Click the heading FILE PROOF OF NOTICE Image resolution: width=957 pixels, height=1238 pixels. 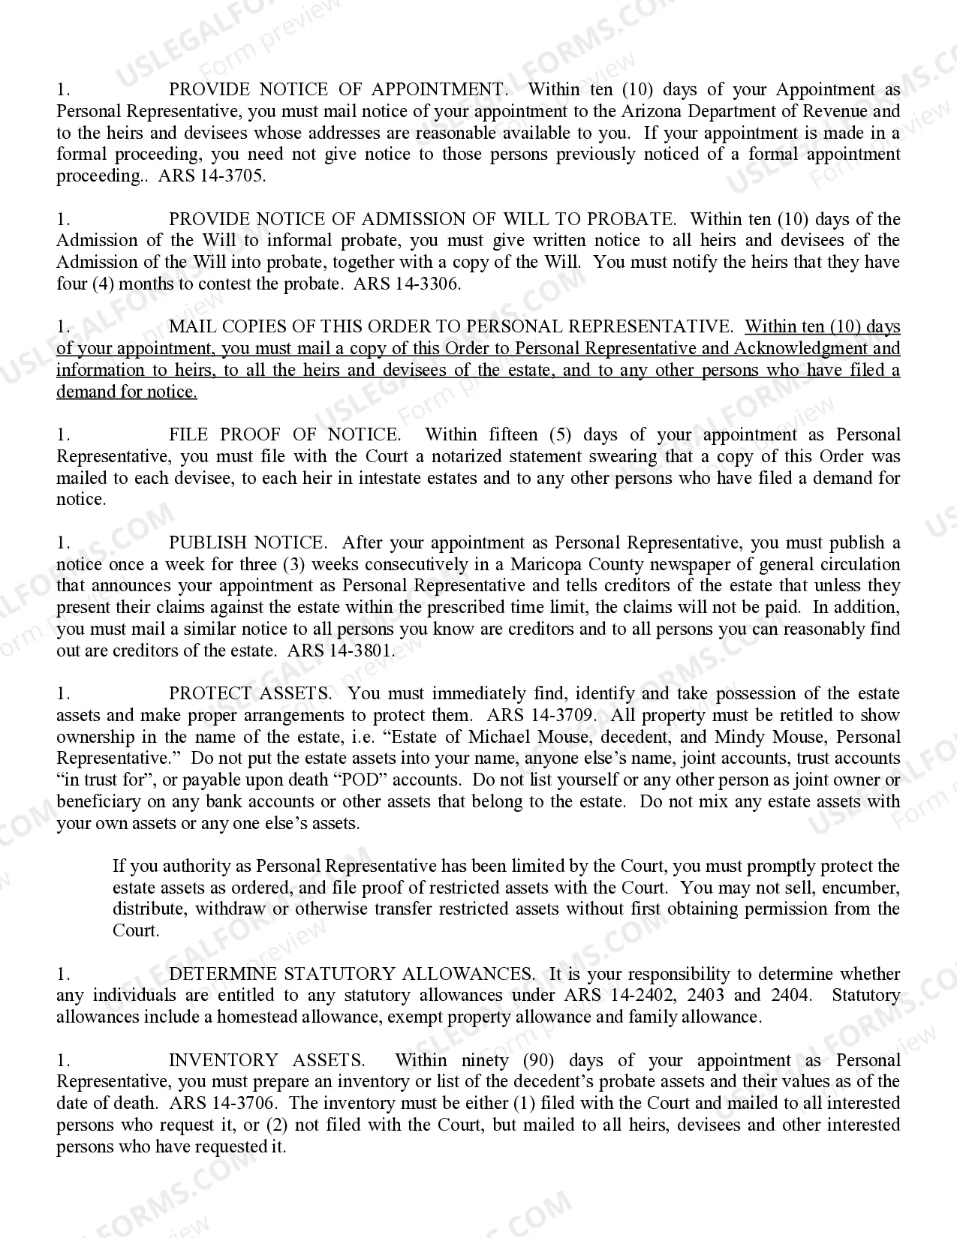(284, 435)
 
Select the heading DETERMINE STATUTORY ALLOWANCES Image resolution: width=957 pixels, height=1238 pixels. (351, 975)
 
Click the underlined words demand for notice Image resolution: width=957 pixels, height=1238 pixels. (127, 392)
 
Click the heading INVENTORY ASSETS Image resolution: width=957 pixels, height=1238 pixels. (266, 1061)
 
